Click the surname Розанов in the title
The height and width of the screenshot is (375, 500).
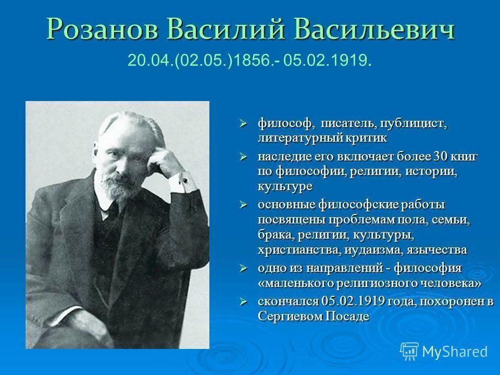coord(103,30)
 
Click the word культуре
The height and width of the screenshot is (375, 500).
coord(285,186)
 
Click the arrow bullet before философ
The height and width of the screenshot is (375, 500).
coord(244,123)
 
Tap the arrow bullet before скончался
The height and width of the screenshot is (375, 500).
coord(244,302)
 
